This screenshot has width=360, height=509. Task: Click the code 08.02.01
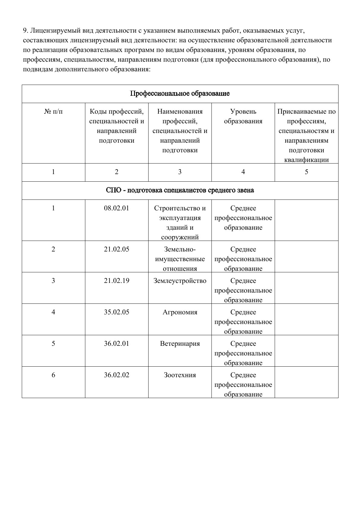coord(116,208)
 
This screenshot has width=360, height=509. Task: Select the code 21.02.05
coord(116,249)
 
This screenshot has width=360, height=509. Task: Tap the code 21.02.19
coord(116,281)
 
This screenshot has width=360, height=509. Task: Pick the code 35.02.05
coord(116,312)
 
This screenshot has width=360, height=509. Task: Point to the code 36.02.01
coord(116,344)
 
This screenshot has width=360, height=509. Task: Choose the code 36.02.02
coord(116,375)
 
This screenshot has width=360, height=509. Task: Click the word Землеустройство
coord(180,281)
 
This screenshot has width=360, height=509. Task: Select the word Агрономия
coord(180,312)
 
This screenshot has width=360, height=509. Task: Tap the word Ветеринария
coord(180,344)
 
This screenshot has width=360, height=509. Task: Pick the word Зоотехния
coord(180,375)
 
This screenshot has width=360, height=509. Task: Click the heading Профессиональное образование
coord(180,94)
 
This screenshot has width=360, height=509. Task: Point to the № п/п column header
coord(54,112)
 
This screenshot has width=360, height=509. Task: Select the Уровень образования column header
coord(243,116)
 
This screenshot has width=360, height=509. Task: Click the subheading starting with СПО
coord(180,190)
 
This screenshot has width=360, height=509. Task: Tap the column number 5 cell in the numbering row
coord(306,172)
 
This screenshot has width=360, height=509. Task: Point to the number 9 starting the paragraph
coord(25,31)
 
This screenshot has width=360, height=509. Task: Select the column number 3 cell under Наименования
coord(180,172)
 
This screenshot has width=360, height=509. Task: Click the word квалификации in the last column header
coord(306,160)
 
